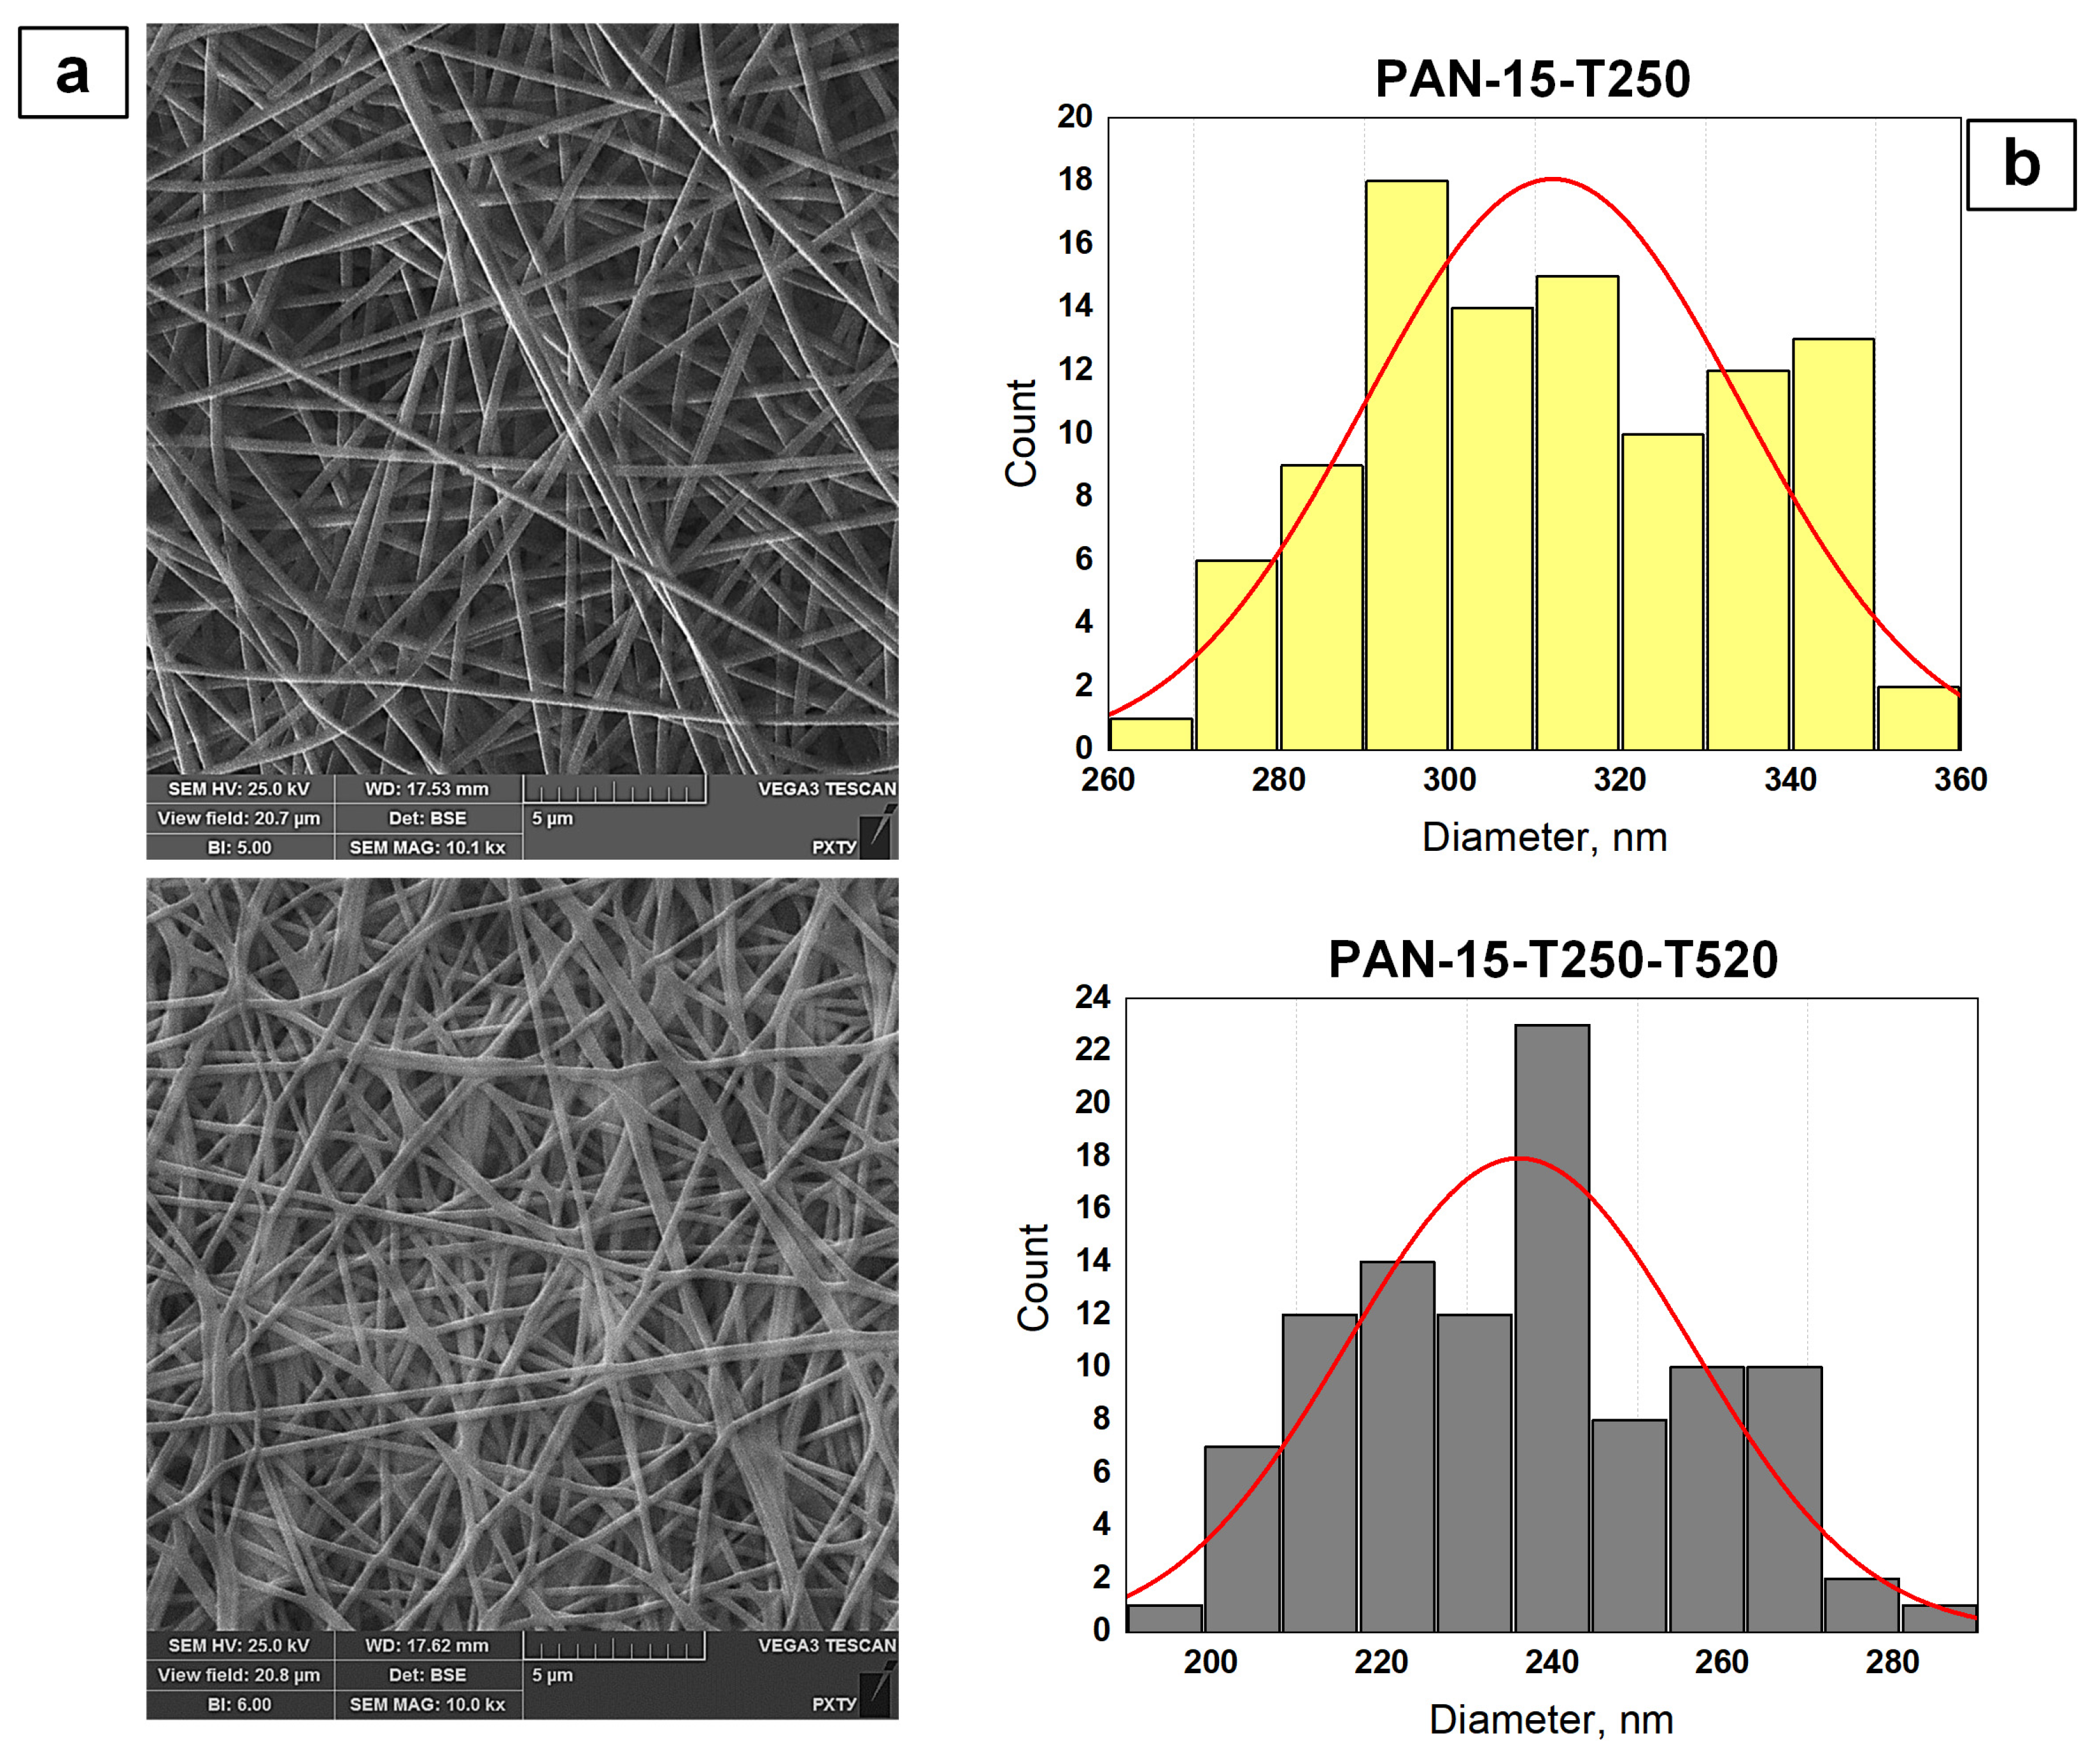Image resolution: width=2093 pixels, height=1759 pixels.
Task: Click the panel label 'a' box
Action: (73, 73)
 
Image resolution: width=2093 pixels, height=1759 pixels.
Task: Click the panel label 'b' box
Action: (2020, 165)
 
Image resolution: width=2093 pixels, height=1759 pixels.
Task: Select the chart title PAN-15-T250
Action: (1533, 79)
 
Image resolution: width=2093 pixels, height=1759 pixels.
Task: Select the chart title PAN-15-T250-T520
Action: (1553, 959)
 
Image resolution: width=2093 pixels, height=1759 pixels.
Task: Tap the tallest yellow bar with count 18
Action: (1406, 464)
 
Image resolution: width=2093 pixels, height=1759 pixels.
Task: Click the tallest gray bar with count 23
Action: (1551, 1326)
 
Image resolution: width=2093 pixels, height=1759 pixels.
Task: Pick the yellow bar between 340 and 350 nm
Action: (1833, 543)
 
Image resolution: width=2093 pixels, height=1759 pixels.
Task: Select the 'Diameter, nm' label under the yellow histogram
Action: (1544, 837)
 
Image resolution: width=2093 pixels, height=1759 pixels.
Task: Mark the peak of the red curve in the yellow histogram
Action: (1553, 179)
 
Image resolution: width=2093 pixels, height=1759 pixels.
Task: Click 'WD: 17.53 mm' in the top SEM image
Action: (426, 788)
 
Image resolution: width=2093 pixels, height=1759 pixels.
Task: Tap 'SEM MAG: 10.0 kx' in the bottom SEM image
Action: (426, 1704)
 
